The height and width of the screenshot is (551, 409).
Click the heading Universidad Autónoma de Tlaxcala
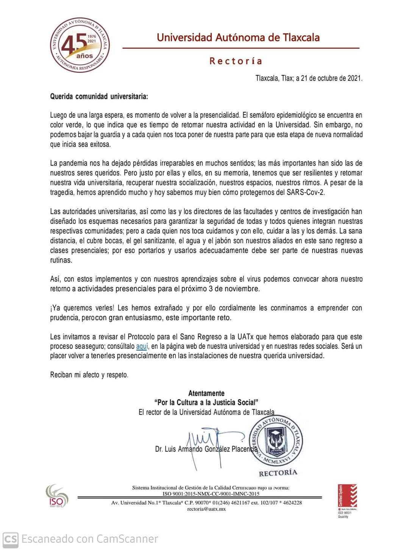pyautogui.click(x=238, y=38)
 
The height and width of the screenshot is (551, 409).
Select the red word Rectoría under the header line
pyautogui.click(x=236, y=61)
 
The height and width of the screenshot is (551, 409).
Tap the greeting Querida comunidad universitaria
pyautogui.click(x=99, y=96)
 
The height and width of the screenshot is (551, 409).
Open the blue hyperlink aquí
pyautogui.click(x=142, y=346)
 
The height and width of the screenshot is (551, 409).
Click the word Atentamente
pyautogui.click(x=206, y=393)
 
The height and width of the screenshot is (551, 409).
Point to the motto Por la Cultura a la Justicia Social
pyautogui.click(x=206, y=402)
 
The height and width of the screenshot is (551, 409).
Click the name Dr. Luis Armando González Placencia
pyautogui.click(x=206, y=449)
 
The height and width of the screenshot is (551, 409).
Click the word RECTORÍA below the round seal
pyautogui.click(x=278, y=473)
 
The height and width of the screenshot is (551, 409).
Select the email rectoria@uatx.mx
pyautogui.click(x=206, y=509)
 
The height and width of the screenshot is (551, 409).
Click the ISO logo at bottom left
pyautogui.click(x=57, y=496)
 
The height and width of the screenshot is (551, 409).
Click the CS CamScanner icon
pyautogui.click(x=10, y=539)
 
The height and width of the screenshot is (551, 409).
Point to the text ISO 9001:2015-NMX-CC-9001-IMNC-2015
pyautogui.click(x=211, y=494)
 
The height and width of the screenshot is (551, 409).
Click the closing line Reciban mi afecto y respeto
pyautogui.click(x=89, y=375)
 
